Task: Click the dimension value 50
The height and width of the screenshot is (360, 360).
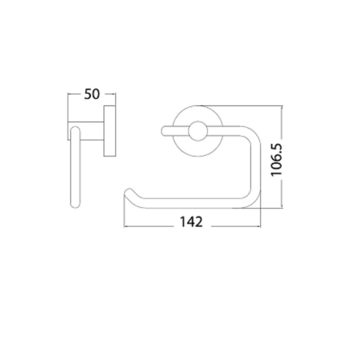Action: tap(92, 94)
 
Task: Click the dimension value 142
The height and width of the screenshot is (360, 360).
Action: tap(191, 222)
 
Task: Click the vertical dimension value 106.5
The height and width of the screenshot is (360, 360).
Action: tap(276, 160)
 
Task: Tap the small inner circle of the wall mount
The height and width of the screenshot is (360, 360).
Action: tap(198, 131)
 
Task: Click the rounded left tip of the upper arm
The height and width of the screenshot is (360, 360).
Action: tap(163, 131)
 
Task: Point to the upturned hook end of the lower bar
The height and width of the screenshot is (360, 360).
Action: tap(129, 192)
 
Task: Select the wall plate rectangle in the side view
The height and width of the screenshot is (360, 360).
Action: tap(110, 131)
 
